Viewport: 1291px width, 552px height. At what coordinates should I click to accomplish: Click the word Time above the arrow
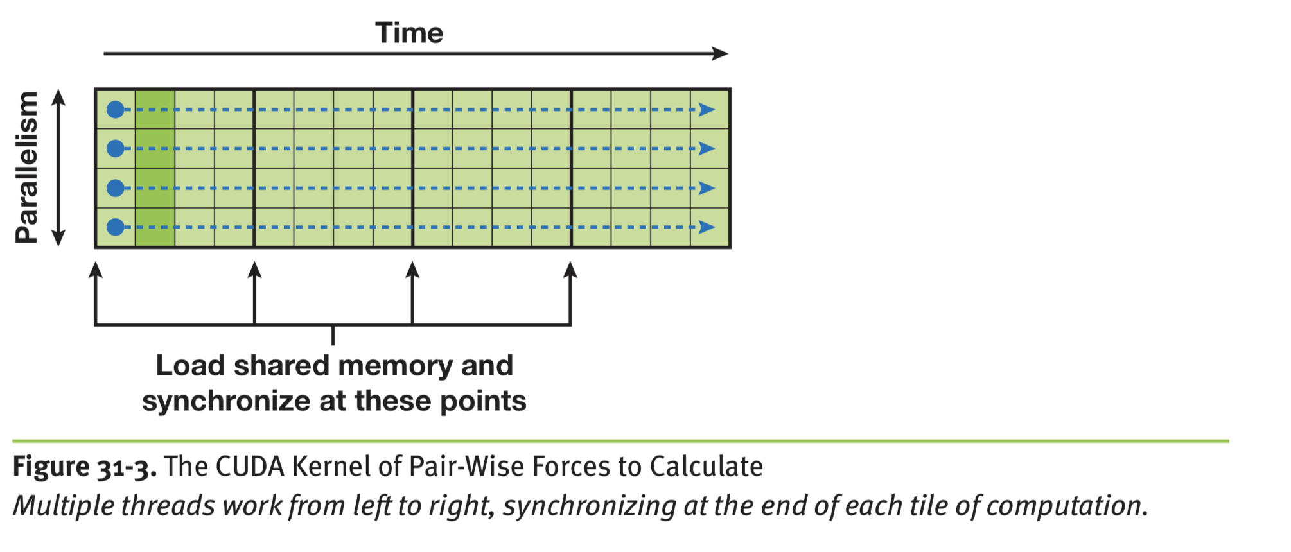[x=409, y=33]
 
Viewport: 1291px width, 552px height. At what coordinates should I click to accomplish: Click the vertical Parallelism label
[x=27, y=168]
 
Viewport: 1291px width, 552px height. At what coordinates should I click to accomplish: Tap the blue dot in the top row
[x=116, y=110]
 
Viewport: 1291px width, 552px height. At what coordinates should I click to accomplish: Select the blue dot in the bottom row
[x=116, y=227]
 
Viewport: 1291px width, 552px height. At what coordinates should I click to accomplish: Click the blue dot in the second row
[x=116, y=149]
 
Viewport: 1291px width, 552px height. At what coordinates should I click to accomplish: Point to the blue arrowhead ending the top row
[x=707, y=110]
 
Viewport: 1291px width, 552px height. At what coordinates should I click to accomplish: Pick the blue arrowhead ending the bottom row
[x=707, y=227]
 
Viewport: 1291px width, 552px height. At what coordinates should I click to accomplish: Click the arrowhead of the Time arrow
[x=721, y=54]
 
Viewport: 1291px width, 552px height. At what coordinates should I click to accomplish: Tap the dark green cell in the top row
[x=155, y=110]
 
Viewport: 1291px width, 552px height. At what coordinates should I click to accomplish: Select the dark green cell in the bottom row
[x=155, y=227]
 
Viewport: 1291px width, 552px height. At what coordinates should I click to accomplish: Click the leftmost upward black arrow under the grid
[x=96, y=271]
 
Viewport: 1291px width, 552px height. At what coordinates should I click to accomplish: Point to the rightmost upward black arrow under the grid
[x=570, y=271]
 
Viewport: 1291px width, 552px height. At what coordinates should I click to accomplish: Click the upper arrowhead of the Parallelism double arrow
[x=58, y=98]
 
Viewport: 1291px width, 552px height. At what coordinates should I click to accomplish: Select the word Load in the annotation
[x=190, y=366]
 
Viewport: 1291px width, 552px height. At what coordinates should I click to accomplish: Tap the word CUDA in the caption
[x=250, y=467]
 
